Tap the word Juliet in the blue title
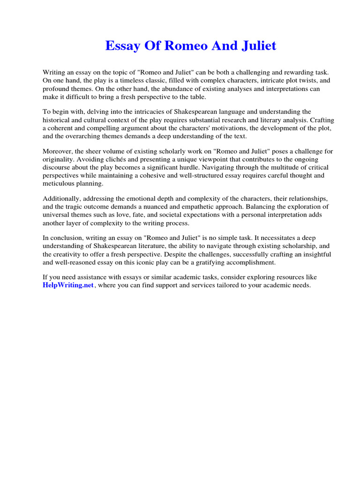coord(255,46)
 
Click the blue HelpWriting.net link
coord(68,285)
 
